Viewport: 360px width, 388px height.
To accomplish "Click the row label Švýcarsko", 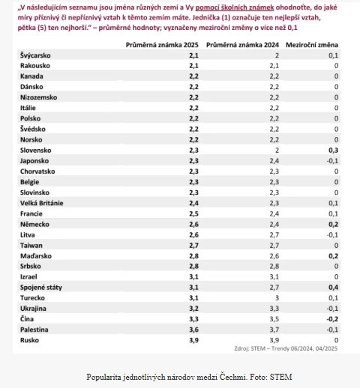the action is tap(35, 55).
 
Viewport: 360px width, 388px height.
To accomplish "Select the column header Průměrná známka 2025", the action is tap(162, 45).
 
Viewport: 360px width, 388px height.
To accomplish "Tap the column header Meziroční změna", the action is tap(312, 45).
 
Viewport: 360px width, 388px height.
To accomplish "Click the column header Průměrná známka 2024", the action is tap(242, 45).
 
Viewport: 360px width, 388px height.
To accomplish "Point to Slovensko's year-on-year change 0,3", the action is tap(333, 151).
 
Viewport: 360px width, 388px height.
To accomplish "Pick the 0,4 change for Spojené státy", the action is tap(333, 288).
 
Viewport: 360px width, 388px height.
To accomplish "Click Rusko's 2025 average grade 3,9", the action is tap(193, 340).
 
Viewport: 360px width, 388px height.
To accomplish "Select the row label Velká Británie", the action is tap(42, 203).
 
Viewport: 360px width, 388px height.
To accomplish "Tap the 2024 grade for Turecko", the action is tap(277, 298).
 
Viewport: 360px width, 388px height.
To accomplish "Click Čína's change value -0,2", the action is tap(332, 319).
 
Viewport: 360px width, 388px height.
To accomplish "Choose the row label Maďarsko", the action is tap(36, 256).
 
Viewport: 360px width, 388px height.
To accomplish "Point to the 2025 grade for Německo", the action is tap(193, 224).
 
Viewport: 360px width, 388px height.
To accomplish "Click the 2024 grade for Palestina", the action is tap(274, 330).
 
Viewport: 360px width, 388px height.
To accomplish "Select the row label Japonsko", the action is tap(34, 161).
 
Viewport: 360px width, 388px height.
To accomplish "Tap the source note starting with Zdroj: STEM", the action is tap(286, 348).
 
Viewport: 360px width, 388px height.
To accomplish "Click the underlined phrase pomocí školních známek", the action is tap(235, 7).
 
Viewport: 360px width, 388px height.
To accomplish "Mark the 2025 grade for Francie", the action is tap(193, 213).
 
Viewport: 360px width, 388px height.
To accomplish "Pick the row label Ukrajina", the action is tap(33, 309).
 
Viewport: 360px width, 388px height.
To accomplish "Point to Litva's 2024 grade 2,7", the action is tap(274, 235).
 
